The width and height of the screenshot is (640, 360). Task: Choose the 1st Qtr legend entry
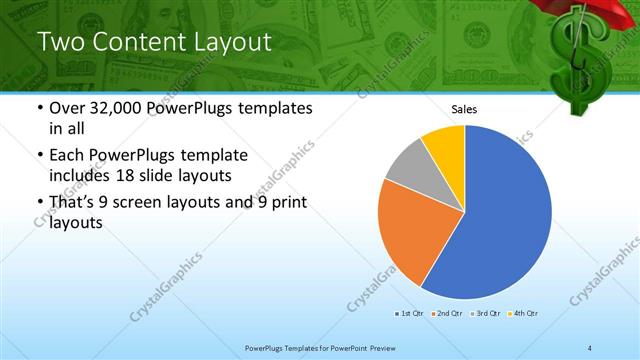[x=409, y=313]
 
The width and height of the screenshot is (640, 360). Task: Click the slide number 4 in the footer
[x=590, y=347]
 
